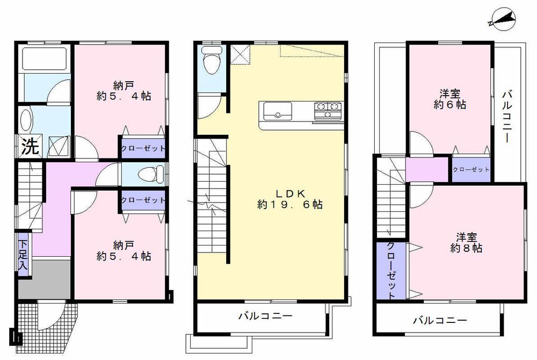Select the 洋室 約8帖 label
pyautogui.click(x=465, y=242)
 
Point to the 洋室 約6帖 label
pyautogui.click(x=449, y=99)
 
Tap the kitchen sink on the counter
pyautogui.click(x=277, y=113)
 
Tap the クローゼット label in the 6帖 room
pyautogui.click(x=470, y=169)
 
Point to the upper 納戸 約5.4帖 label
pyautogui.click(x=124, y=90)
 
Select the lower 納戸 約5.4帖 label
pyautogui.click(x=124, y=250)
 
